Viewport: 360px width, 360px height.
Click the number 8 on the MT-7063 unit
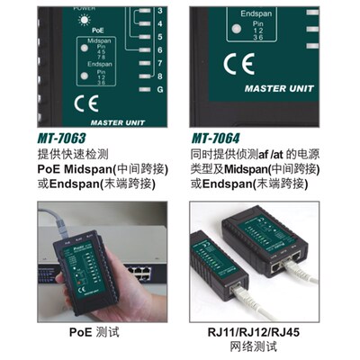[159, 77]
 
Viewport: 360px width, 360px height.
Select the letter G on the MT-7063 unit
[159, 91]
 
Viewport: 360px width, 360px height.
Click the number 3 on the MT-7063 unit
[159, 10]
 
